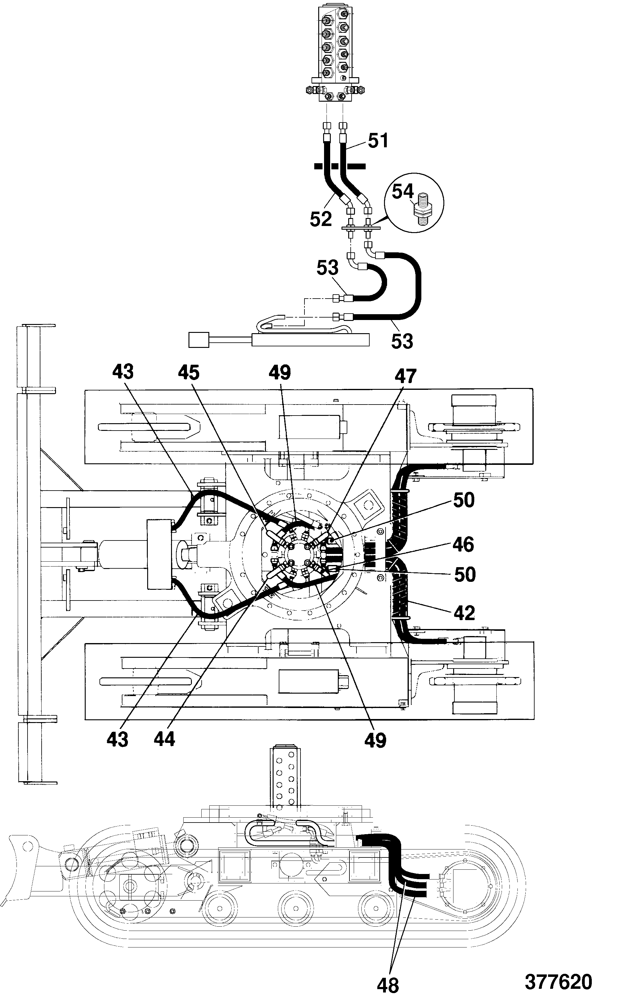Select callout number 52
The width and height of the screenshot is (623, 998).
pyautogui.click(x=321, y=219)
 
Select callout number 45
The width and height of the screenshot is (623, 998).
pyautogui.click(x=189, y=372)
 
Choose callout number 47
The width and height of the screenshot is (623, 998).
pyautogui.click(x=406, y=376)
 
